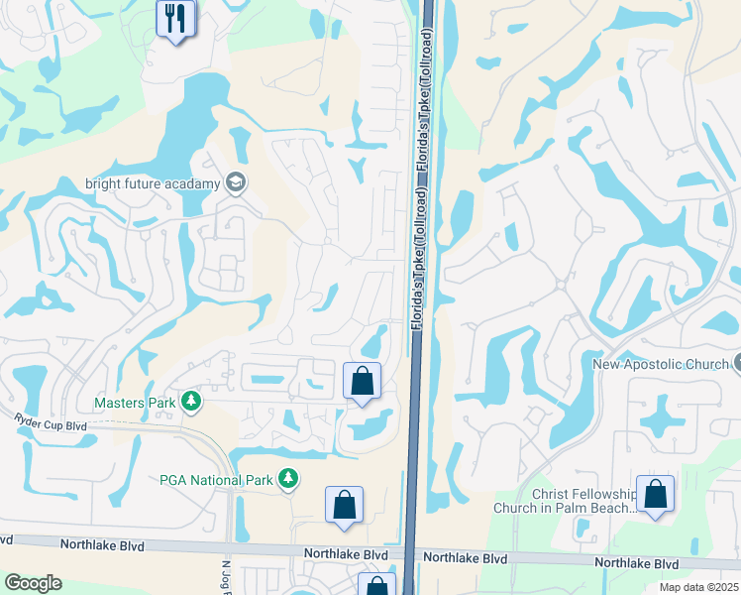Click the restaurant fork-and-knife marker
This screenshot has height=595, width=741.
coord(176,18)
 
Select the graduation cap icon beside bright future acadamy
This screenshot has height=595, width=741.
coord(236,181)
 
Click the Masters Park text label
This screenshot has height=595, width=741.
coord(134,403)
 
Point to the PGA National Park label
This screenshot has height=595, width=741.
coord(215,481)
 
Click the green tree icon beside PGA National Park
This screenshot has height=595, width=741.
coord(288,480)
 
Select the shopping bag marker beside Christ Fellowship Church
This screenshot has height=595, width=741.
coord(655,495)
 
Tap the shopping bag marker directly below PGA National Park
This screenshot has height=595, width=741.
coord(344,504)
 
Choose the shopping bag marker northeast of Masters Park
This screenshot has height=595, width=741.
coord(362,381)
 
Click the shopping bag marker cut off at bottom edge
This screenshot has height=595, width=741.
coord(376,586)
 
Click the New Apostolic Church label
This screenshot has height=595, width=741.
coord(660,365)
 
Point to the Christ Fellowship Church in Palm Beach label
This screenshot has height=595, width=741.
coord(584,501)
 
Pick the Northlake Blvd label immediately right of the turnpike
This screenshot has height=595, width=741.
coord(466,558)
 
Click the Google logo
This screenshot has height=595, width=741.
coord(34,583)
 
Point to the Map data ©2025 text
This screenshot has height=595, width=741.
coord(699,587)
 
